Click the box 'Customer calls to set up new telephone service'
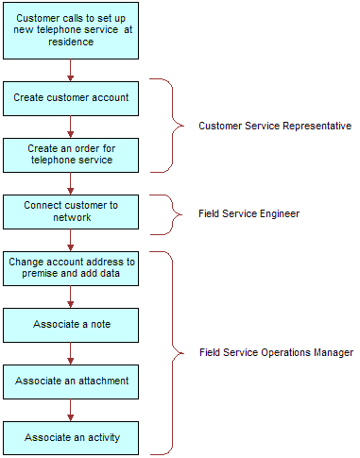point(70,29)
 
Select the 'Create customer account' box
point(70,97)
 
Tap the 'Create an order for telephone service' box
point(70,154)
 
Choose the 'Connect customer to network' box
point(70,211)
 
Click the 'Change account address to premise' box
point(70,268)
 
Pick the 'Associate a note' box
point(70,325)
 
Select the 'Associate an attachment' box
point(70,381)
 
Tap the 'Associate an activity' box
point(70,437)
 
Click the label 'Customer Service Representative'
point(274,127)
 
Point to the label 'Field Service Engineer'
point(249,214)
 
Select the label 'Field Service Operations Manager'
point(276,352)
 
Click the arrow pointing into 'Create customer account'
point(70,69)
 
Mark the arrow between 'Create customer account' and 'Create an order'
point(70,126)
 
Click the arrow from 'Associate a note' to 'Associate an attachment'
point(70,353)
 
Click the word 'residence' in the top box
point(70,42)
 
